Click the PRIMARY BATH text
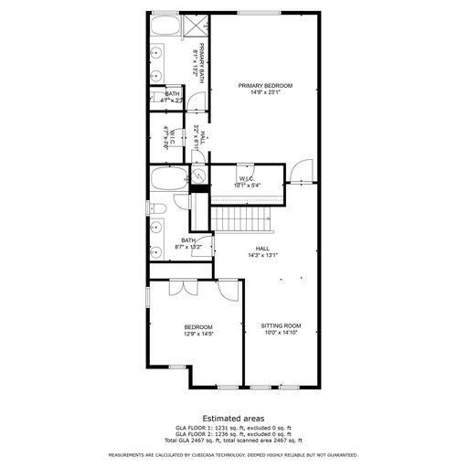(196, 61)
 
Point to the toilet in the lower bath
(156, 210)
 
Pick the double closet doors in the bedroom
(189, 288)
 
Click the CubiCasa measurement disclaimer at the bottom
(233, 454)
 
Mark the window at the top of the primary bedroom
(253, 12)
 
